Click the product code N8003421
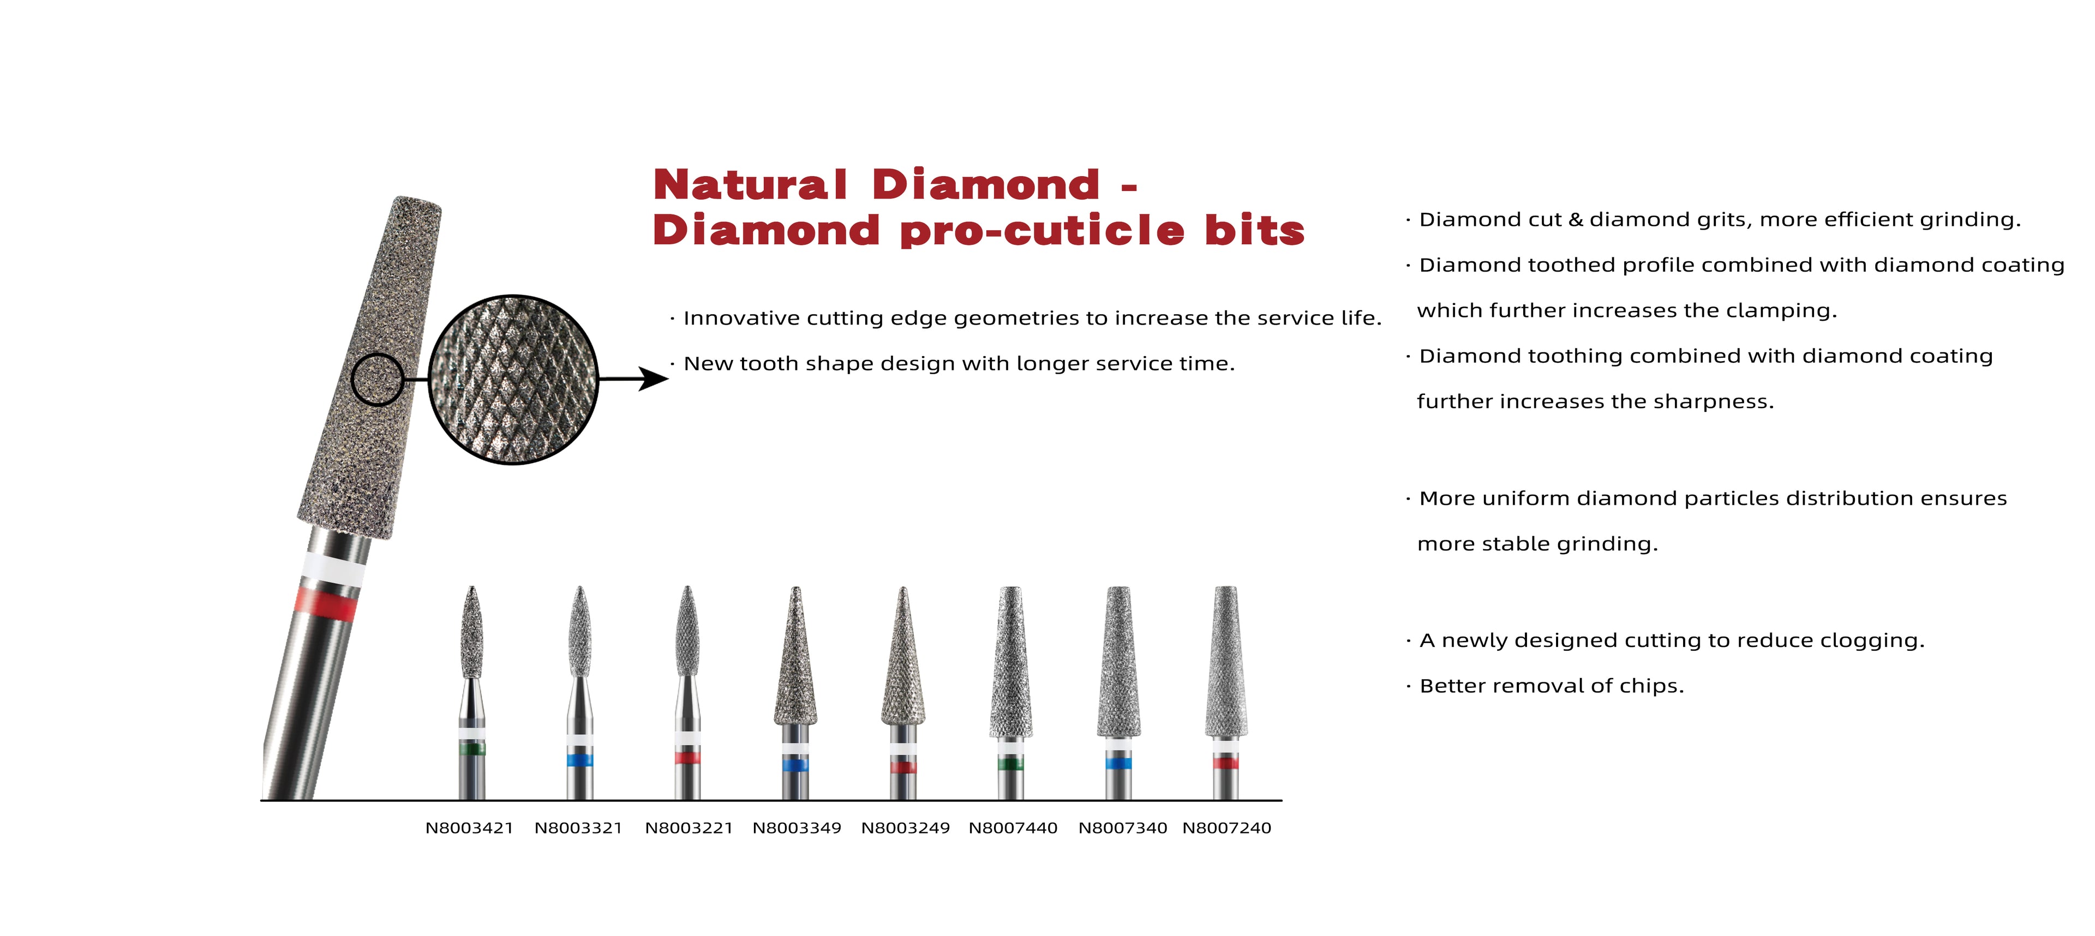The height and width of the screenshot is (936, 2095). [x=469, y=828]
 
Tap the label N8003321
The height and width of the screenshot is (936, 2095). [x=578, y=828]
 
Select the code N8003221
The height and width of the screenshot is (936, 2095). [x=689, y=828]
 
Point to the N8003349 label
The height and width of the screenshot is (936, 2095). [x=797, y=828]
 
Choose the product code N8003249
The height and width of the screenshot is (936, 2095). [x=905, y=828]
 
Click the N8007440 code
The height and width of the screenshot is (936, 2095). [x=1013, y=828]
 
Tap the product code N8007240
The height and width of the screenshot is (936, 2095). [x=1226, y=828]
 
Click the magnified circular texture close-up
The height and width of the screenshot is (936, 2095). [x=513, y=380]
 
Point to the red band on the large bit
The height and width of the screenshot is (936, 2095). [x=325, y=603]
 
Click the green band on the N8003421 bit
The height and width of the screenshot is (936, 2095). [x=472, y=749]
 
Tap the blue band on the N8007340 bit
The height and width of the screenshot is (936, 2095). [x=1118, y=763]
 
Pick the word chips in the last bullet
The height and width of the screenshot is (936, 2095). [x=1656, y=686]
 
